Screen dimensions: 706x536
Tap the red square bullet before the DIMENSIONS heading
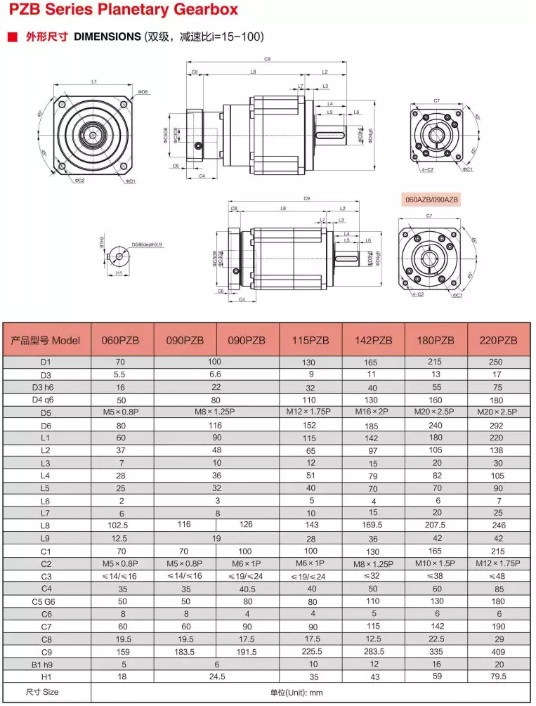[13, 37]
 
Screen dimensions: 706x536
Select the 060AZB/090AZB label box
[431, 200]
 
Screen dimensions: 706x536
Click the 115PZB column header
[310, 340]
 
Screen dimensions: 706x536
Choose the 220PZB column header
[497, 340]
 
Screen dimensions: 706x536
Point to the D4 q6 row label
[46, 400]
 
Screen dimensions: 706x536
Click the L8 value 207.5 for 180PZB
[435, 524]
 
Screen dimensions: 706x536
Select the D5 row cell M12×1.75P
[310, 412]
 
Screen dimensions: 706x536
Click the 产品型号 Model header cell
[46, 340]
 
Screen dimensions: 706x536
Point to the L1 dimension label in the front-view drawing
[94, 82]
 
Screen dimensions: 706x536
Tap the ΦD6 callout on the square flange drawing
[143, 92]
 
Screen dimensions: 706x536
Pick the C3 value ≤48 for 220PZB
[497, 575]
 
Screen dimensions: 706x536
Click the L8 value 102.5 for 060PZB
[122, 524]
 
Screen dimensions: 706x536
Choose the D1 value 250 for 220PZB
[497, 362]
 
